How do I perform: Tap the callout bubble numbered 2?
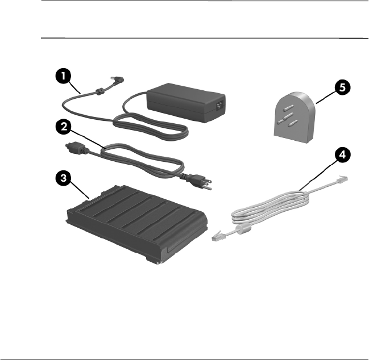(63, 127)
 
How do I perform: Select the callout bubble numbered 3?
(63, 177)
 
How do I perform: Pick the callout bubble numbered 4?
(343, 155)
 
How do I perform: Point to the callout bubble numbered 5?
(343, 87)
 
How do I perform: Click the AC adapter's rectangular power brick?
(186, 102)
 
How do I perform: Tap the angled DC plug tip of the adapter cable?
(117, 81)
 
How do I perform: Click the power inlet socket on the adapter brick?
(219, 105)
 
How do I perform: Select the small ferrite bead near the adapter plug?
(99, 91)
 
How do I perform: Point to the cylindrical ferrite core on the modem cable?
(244, 229)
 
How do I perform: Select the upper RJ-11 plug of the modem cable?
(342, 179)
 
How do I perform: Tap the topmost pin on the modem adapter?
(288, 108)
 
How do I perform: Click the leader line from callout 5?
(326, 98)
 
